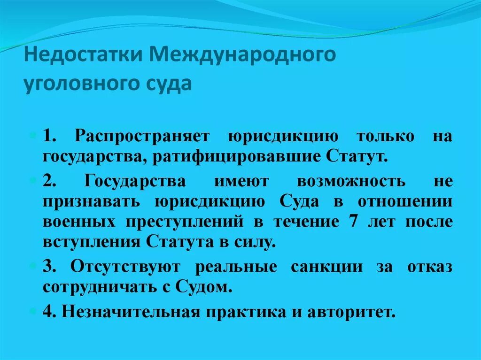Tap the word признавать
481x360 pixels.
[92, 201]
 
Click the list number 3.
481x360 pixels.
[49, 267]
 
